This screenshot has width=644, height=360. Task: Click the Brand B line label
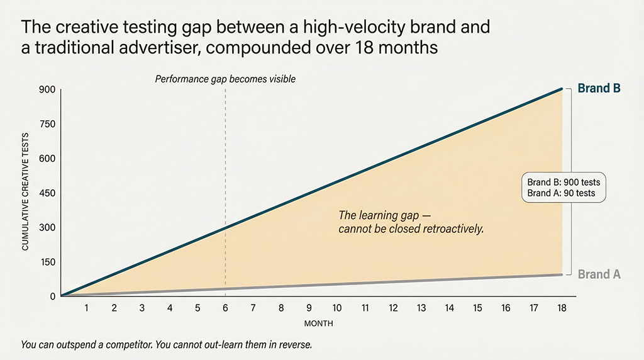click(x=599, y=89)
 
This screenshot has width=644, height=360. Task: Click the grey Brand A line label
click(x=599, y=274)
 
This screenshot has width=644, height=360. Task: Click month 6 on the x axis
click(x=225, y=308)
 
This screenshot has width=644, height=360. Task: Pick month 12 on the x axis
click(x=393, y=308)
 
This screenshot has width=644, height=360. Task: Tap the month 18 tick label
click(x=561, y=308)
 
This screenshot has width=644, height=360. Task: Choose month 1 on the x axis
click(x=86, y=308)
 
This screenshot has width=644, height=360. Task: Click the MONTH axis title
click(x=318, y=323)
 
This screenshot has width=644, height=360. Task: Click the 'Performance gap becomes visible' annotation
click(x=225, y=80)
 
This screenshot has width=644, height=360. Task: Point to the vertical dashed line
click(x=225, y=157)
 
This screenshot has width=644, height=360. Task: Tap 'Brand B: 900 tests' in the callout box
click(x=563, y=182)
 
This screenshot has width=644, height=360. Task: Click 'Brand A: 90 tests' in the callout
click(x=561, y=193)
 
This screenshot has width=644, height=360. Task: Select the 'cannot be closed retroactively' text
click(x=411, y=229)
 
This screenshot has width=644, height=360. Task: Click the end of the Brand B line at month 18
click(x=561, y=89)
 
